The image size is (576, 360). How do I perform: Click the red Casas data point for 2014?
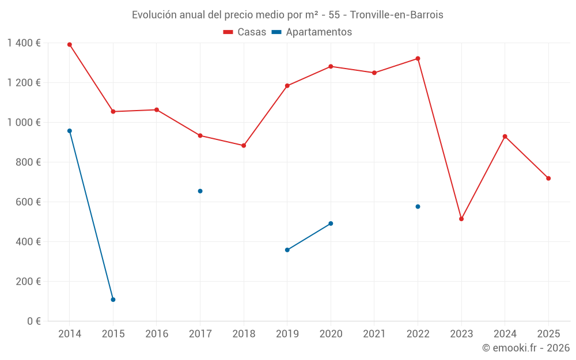[x=70, y=44]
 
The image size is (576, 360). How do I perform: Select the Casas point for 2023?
[x=461, y=219]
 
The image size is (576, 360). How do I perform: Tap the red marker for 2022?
[x=418, y=58]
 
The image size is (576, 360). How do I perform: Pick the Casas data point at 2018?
[x=244, y=146]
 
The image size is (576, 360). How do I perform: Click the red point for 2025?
[x=548, y=179]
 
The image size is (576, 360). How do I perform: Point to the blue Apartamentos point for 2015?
[x=113, y=300]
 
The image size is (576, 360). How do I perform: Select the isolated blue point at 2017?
[x=200, y=191]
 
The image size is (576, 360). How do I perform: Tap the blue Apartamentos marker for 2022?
[x=418, y=206]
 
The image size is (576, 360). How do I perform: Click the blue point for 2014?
[x=70, y=131]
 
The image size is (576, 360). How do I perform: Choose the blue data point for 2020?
[x=331, y=223]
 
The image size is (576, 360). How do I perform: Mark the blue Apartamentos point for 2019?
[x=287, y=250]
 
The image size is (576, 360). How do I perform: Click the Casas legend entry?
[x=245, y=32]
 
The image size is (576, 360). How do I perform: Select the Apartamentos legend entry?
[x=312, y=32]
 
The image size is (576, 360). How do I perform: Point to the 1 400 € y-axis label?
[x=24, y=43]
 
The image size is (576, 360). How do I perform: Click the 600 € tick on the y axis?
[x=29, y=202]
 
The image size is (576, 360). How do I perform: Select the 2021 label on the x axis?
[x=374, y=334]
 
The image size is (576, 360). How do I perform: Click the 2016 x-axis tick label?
[x=157, y=334]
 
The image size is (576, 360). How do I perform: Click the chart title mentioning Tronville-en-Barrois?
[x=287, y=15]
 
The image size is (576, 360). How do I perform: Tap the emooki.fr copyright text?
[x=525, y=348]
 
